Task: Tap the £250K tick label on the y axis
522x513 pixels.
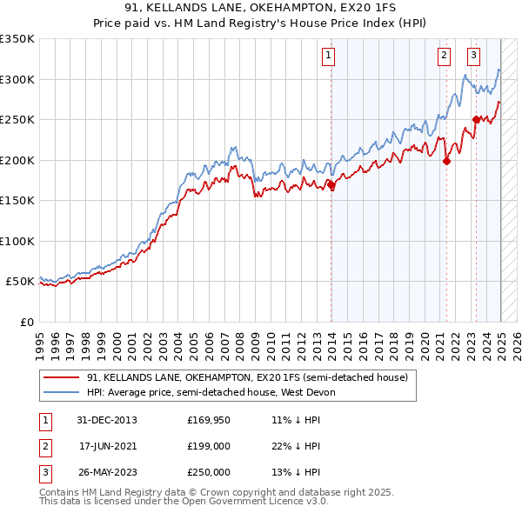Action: [x=17, y=119]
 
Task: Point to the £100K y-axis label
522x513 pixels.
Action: [x=17, y=241]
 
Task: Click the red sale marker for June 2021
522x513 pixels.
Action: [x=446, y=161]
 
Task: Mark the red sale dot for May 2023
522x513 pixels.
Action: [x=476, y=119]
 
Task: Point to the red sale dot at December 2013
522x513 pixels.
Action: [x=331, y=184]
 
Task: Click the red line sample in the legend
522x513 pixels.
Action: [x=62, y=377]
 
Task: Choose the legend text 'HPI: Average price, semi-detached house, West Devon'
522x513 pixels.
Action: [x=212, y=392]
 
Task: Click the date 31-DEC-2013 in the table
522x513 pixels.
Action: [x=108, y=420]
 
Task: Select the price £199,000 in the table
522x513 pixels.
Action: [x=209, y=446]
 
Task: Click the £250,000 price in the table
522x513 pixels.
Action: [x=209, y=472]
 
